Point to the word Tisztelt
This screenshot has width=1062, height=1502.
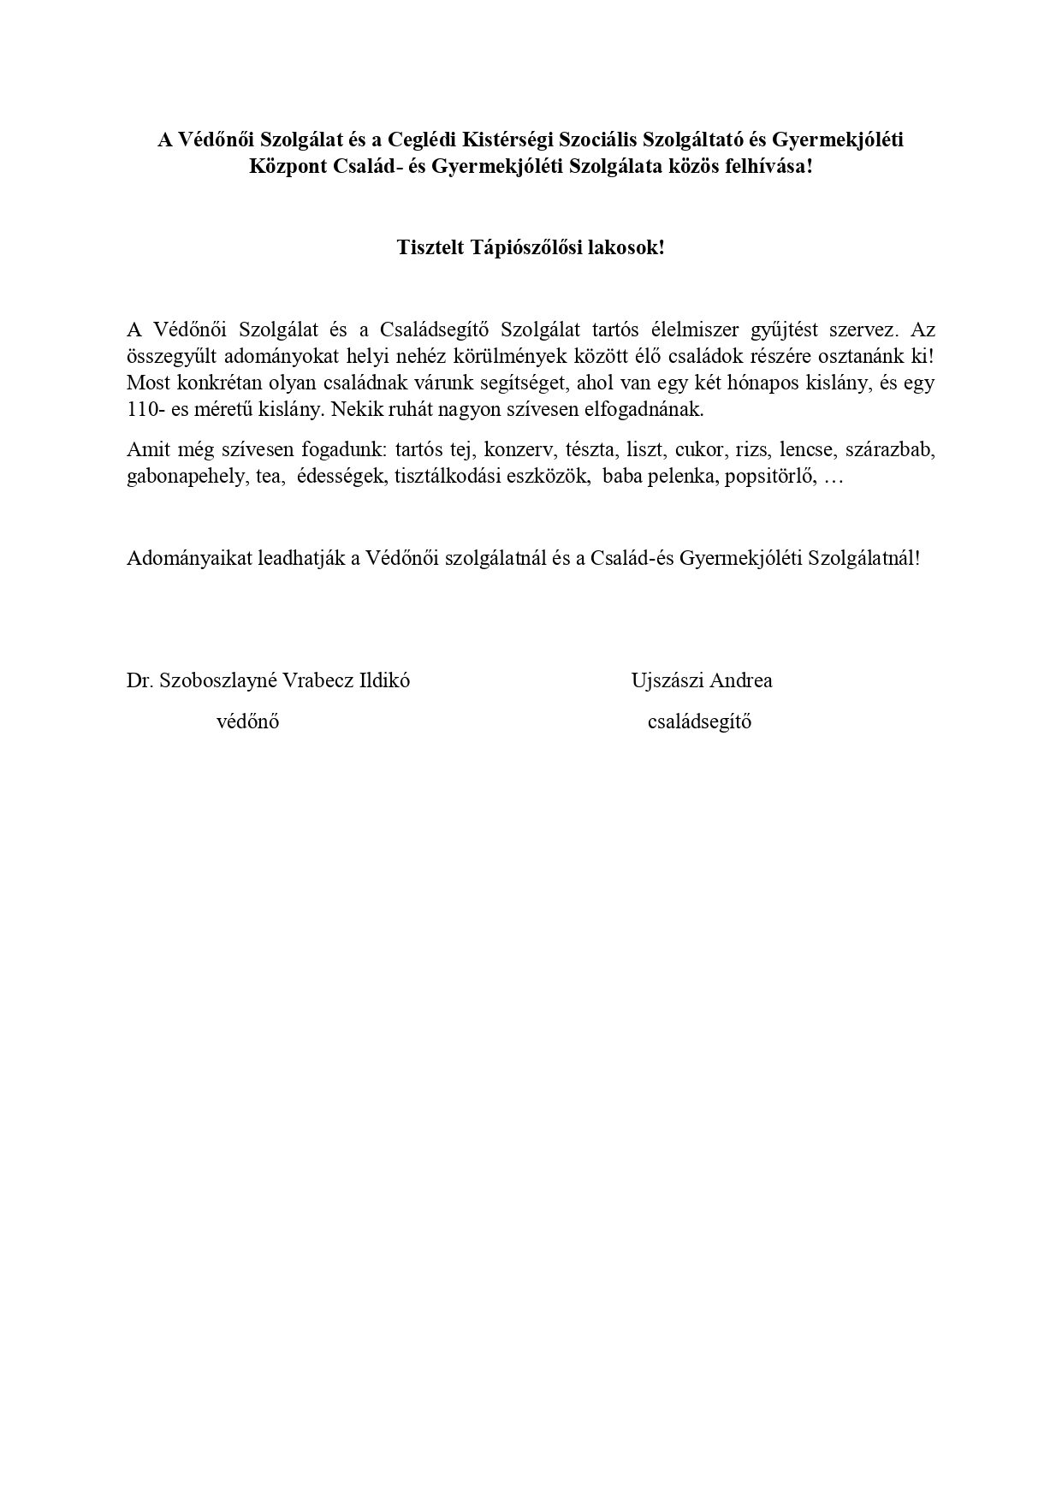[430, 248]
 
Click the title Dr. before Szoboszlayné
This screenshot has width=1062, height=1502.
[139, 680]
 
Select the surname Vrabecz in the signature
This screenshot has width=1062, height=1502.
[311, 680]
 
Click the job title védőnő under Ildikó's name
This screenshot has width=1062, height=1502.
[247, 721]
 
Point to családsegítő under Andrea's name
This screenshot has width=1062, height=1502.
[699, 721]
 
